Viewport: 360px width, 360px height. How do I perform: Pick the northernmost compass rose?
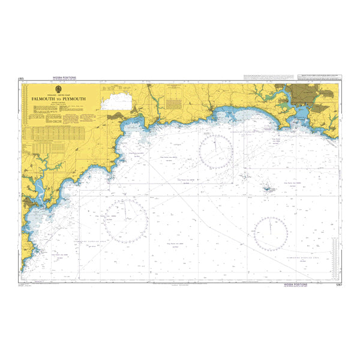pyautogui.click(x=216, y=151)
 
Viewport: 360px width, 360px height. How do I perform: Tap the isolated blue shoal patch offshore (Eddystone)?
pyautogui.click(x=266, y=188)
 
